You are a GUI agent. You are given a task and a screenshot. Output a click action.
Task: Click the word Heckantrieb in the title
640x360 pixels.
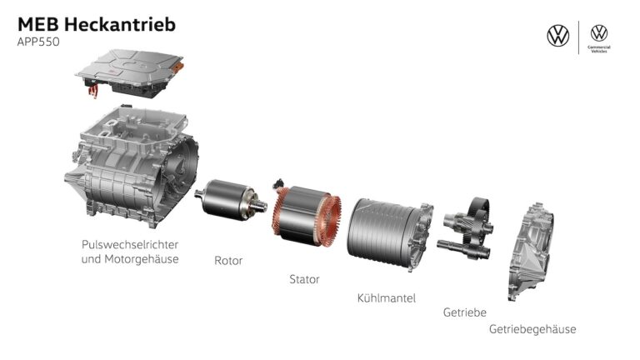[x=120, y=24]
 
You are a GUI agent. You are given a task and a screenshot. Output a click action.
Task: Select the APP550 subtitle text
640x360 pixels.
[x=38, y=42]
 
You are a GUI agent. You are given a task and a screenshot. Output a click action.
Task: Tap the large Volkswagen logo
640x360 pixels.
[x=558, y=36]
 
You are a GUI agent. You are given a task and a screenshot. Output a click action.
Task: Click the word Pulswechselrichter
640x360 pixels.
[x=130, y=245]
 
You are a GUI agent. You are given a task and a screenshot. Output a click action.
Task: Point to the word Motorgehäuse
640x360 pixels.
[x=142, y=259]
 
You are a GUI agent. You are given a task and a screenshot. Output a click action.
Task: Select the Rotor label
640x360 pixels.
[x=228, y=260]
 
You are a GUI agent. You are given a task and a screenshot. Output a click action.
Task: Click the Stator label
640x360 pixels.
[x=304, y=279]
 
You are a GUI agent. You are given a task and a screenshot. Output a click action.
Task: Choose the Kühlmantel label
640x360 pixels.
[x=386, y=298]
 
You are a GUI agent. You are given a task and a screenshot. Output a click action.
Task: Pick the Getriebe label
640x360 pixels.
[x=464, y=312]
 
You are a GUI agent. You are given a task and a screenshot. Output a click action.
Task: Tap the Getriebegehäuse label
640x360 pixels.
[x=532, y=329]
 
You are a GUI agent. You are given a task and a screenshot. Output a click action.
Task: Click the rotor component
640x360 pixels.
[x=231, y=201]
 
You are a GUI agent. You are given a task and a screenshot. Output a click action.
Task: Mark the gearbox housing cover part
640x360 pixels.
[x=531, y=251]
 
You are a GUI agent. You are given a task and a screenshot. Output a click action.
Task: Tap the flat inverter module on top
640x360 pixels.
[x=130, y=72]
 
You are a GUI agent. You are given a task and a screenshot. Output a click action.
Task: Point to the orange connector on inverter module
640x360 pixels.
[x=177, y=67]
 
